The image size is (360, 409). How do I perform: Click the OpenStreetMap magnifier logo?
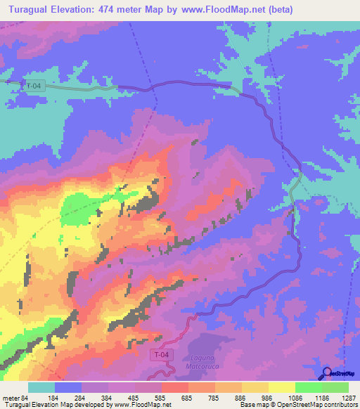point(325,373)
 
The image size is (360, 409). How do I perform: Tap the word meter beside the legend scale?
point(10,398)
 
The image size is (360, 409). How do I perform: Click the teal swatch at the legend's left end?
point(41,387)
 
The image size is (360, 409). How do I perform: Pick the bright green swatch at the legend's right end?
point(335,387)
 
